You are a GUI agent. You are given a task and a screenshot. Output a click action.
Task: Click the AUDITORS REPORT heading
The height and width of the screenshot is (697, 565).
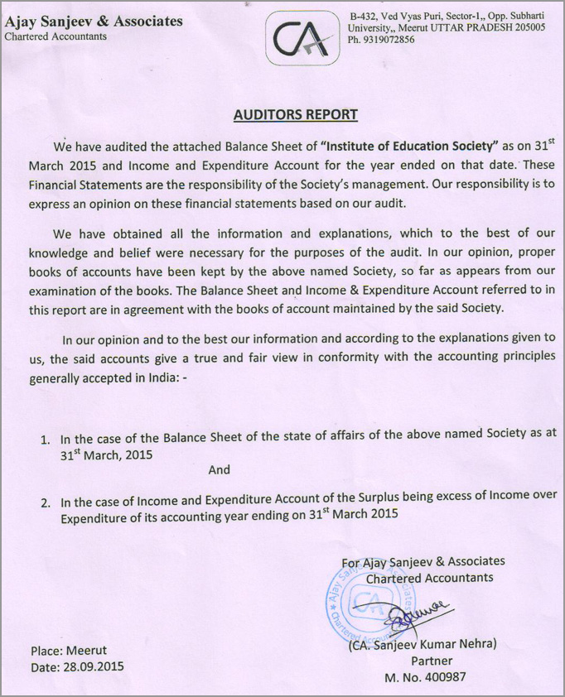pyautogui.click(x=295, y=115)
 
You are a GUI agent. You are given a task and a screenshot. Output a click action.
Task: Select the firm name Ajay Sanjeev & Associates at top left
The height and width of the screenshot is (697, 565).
pyautogui.click(x=94, y=21)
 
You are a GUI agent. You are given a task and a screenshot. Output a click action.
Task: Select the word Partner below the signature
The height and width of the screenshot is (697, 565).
pyautogui.click(x=432, y=661)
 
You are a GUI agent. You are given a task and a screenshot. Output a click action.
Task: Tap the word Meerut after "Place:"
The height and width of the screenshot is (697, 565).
pyautogui.click(x=85, y=650)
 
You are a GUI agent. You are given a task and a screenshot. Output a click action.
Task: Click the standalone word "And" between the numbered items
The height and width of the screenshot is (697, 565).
pyautogui.click(x=219, y=469)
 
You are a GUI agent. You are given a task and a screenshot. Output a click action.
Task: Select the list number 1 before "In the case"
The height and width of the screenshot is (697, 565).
pyautogui.click(x=46, y=440)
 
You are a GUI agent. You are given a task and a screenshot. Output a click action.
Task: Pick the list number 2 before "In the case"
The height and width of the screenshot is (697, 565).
pyautogui.click(x=46, y=502)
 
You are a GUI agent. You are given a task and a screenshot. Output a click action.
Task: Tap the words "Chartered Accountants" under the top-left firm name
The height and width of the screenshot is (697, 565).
pyautogui.click(x=56, y=36)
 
